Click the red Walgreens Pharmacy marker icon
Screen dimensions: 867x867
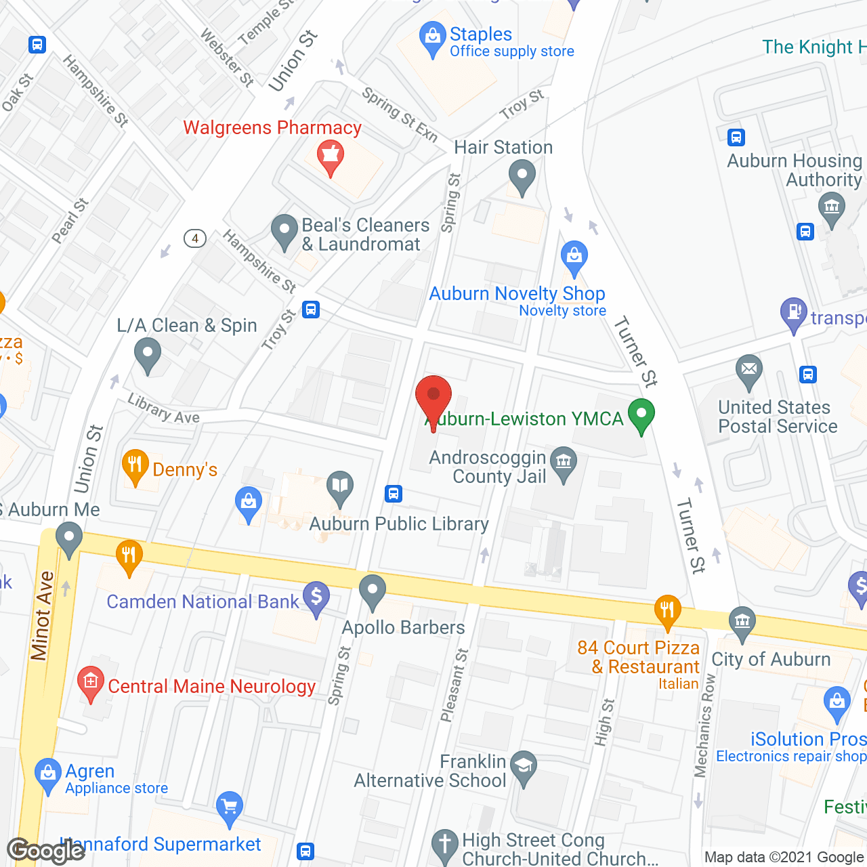click(x=331, y=156)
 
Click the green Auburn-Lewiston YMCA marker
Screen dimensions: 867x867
click(x=641, y=415)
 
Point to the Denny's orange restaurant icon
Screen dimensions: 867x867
click(x=135, y=466)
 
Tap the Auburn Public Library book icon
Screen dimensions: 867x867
click(x=340, y=486)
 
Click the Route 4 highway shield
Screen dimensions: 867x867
click(x=195, y=238)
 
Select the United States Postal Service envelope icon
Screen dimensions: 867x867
click(x=748, y=371)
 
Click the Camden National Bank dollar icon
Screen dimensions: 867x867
click(x=316, y=597)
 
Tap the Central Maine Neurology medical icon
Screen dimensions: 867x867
click(x=90, y=682)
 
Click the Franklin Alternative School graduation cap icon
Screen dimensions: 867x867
click(x=523, y=766)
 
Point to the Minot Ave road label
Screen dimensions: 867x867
click(x=41, y=616)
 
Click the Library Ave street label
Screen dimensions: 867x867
click(x=164, y=409)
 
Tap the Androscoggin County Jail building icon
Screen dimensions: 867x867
click(x=563, y=463)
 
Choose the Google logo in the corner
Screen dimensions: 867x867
click(x=45, y=851)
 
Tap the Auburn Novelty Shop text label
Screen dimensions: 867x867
click(x=517, y=293)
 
